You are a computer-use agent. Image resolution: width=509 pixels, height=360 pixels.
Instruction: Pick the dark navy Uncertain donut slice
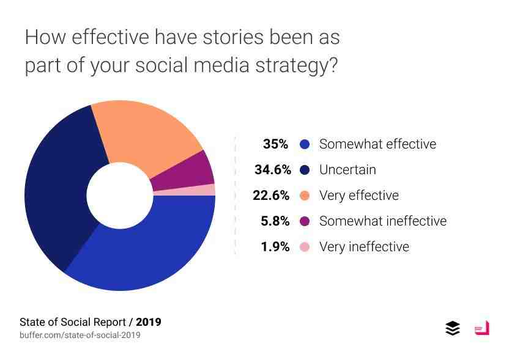pyautogui.click(x=58, y=189)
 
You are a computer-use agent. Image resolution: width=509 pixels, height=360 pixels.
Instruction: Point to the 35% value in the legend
pyautogui.click(x=275, y=144)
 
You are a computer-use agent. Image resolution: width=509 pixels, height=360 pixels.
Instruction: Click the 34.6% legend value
pyautogui.click(x=272, y=170)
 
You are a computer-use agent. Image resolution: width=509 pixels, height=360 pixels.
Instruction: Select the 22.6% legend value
pyautogui.click(x=271, y=196)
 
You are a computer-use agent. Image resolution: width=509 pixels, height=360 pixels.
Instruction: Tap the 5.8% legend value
pyautogui.click(x=275, y=221)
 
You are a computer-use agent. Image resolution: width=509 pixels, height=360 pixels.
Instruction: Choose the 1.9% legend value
pyautogui.click(x=275, y=247)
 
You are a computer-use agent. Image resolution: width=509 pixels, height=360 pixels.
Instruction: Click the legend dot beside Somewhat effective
pyautogui.click(x=305, y=144)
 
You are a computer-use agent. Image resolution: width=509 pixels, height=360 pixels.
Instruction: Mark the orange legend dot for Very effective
pyautogui.click(x=305, y=196)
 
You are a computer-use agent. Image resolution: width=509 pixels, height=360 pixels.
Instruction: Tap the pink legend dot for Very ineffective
pyautogui.click(x=305, y=247)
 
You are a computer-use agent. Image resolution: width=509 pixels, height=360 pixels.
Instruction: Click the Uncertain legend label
pyautogui.click(x=347, y=170)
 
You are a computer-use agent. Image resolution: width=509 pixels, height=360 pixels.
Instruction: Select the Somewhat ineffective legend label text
pyautogui.click(x=383, y=221)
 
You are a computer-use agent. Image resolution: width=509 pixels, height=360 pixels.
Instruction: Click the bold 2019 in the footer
pyautogui.click(x=149, y=322)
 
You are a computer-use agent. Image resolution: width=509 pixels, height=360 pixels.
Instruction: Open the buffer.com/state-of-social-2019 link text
pyautogui.click(x=80, y=336)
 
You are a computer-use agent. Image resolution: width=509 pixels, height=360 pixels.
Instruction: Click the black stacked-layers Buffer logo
pyautogui.click(x=453, y=328)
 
